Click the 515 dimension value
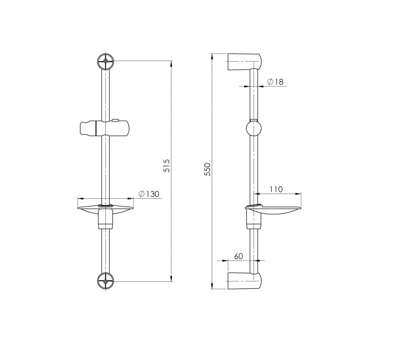coord(166,165)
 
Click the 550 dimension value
coord(207,169)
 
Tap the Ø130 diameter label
coord(149,194)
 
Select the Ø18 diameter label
coord(275,82)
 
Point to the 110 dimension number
coord(276,189)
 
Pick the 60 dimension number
coord(238,256)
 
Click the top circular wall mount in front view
coord(105,61)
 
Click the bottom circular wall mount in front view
coord(105,281)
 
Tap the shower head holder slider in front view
coord(105,128)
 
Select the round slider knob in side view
coord(253,128)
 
